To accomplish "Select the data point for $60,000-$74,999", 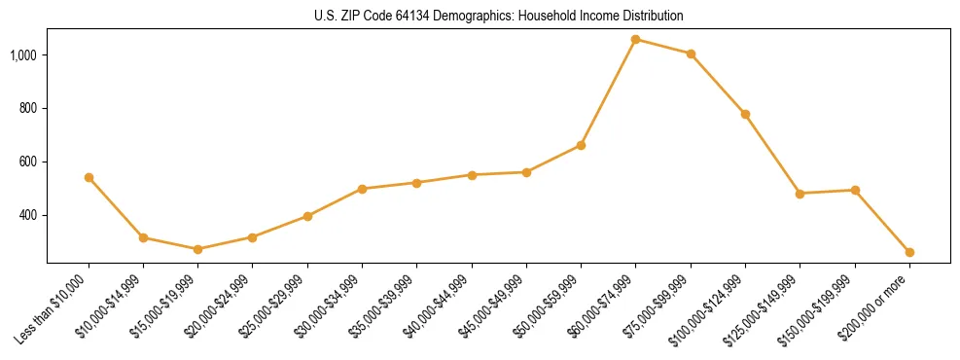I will [x=636, y=40].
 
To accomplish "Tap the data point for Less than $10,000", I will [x=89, y=177].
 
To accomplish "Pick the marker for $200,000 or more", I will [x=909, y=252].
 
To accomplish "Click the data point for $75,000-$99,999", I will [x=691, y=54].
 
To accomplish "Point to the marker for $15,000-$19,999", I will [x=198, y=249].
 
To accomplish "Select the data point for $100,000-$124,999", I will [x=745, y=114].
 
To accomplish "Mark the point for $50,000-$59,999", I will [x=581, y=145].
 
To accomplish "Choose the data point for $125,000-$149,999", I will [x=800, y=194].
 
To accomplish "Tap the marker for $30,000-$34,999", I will [x=362, y=189].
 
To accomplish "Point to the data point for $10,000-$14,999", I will [x=143, y=237].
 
